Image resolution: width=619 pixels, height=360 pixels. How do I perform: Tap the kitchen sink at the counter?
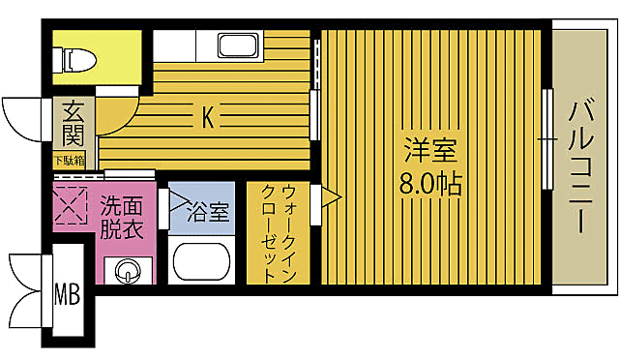[235, 45]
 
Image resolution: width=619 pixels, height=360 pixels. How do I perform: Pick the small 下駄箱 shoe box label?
[68, 161]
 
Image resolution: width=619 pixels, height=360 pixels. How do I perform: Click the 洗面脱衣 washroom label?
[122, 218]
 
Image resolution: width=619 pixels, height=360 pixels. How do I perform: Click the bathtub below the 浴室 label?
[201, 259]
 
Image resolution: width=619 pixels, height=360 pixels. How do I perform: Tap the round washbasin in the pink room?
[127, 271]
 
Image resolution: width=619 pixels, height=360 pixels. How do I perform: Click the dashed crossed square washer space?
[71, 205]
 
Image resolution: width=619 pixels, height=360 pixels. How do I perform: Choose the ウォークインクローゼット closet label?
[278, 232]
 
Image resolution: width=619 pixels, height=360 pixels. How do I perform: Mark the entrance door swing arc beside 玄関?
[26, 118]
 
